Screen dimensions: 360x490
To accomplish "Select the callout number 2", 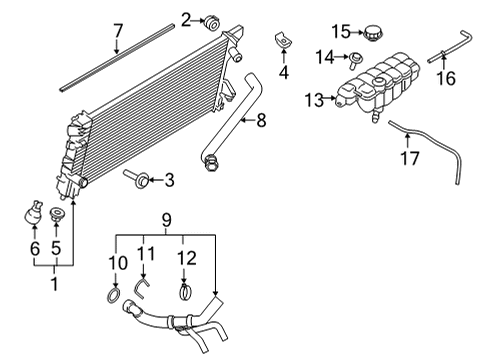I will (x=186, y=17).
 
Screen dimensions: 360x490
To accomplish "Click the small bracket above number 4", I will (x=282, y=41).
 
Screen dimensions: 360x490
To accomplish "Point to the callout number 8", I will (x=262, y=121).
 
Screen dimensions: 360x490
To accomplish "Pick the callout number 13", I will (x=312, y=100).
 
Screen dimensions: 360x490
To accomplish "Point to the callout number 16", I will (x=448, y=77).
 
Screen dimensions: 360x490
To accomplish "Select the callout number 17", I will (x=407, y=157).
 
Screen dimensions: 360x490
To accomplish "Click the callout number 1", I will (x=53, y=284).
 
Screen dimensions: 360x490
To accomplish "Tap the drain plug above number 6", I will (x=33, y=215).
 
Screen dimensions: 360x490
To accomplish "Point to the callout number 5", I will (x=55, y=246).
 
